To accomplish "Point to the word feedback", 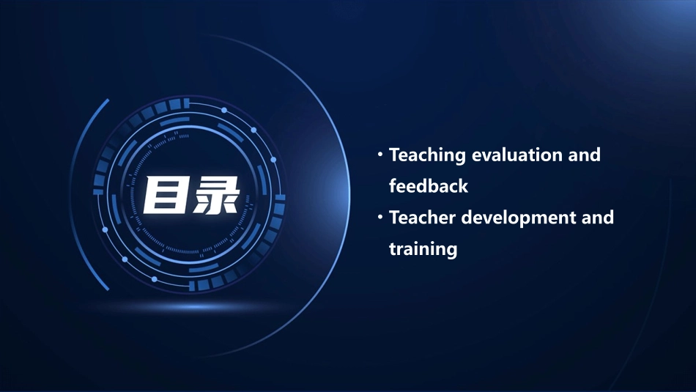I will [428, 186].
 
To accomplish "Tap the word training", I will [423, 249].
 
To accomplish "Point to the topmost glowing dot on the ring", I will [224, 110].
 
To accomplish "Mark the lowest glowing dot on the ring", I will [154, 279].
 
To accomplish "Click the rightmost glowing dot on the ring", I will [273, 159].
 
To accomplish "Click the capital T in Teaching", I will [395, 155].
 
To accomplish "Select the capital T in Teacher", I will [395, 218].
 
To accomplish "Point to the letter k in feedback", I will [463, 186].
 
